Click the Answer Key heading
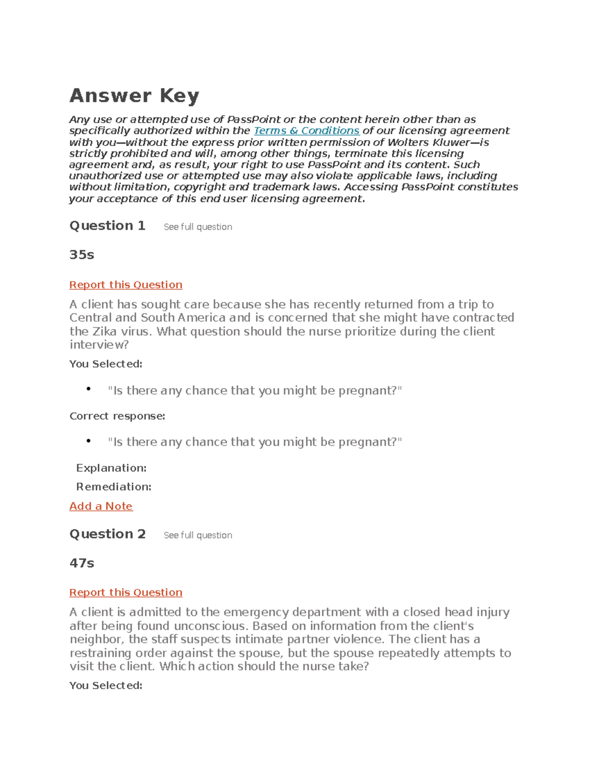(134, 95)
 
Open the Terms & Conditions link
(306, 131)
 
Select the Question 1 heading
(107, 226)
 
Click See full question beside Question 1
(198, 227)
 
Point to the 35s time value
(82, 255)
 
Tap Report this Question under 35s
(126, 285)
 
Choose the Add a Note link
(101, 506)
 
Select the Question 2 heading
(107, 534)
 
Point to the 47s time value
(82, 563)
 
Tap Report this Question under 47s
(126, 593)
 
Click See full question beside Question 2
(198, 535)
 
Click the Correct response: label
(117, 416)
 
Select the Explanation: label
(111, 468)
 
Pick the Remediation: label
(114, 487)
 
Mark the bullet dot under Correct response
(88, 441)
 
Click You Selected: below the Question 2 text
(106, 686)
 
